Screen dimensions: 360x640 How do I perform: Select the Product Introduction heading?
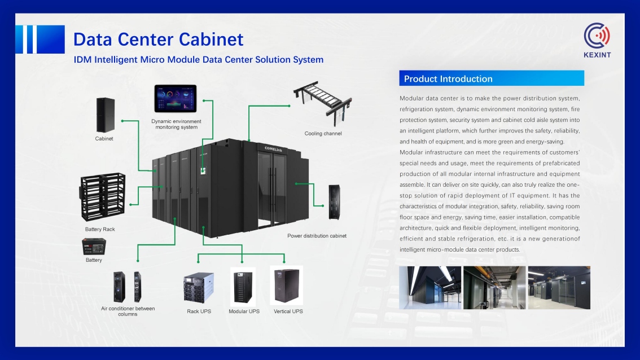click(448, 79)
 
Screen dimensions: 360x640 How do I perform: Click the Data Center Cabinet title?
click(159, 39)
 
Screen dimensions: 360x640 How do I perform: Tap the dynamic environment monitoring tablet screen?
click(176, 99)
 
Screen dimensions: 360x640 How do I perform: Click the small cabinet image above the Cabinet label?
click(104, 115)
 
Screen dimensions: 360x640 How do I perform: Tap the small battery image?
click(94, 246)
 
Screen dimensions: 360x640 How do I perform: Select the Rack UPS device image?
click(199, 288)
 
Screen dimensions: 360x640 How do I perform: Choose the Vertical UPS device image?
click(287, 286)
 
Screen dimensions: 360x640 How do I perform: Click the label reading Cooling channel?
click(323, 134)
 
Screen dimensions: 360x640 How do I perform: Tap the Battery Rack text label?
click(100, 230)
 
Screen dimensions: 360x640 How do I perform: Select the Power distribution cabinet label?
click(317, 236)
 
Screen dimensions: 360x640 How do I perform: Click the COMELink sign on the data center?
click(277, 148)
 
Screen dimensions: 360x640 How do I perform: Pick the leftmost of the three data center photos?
click(429, 288)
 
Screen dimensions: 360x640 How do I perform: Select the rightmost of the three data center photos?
click(558, 288)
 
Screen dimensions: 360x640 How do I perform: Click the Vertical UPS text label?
click(288, 311)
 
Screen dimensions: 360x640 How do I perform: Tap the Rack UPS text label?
click(199, 311)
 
